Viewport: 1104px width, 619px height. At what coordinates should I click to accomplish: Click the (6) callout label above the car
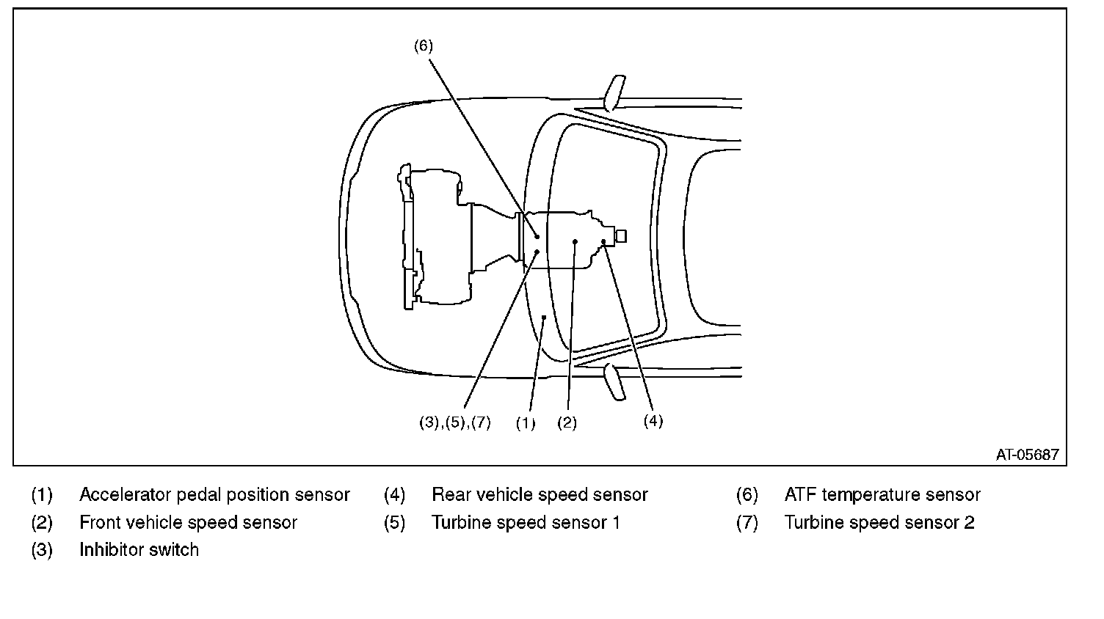424,45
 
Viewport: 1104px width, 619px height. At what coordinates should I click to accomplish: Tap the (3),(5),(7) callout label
455,422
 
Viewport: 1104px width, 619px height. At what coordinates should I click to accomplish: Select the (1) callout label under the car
526,422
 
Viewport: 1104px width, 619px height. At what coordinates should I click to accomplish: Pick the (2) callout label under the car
567,422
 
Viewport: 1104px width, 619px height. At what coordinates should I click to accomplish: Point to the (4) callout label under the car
653,421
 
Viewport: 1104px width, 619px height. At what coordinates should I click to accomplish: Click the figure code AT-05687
1027,454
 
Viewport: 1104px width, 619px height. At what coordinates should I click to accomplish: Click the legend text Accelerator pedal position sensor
214,494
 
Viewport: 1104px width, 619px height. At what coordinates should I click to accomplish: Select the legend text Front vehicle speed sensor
188,522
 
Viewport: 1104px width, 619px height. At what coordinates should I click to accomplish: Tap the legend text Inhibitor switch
139,549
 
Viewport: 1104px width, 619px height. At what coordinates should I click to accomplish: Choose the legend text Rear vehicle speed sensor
540,494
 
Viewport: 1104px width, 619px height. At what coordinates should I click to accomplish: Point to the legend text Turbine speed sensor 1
526,522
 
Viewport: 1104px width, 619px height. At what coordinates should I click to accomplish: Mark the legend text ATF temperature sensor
882,494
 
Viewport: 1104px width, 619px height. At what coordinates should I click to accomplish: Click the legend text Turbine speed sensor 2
879,522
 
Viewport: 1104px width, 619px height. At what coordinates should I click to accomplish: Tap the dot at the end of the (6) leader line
537,237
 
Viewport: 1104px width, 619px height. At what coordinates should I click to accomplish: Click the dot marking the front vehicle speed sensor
575,241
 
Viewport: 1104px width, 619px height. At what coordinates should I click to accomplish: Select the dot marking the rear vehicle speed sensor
603,241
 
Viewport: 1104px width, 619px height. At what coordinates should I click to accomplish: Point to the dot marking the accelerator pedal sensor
544,318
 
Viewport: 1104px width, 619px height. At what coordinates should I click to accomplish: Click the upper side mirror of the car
614,93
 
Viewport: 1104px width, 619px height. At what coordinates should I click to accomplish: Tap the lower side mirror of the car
614,381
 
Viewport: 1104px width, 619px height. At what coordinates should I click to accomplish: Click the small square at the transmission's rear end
621,236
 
